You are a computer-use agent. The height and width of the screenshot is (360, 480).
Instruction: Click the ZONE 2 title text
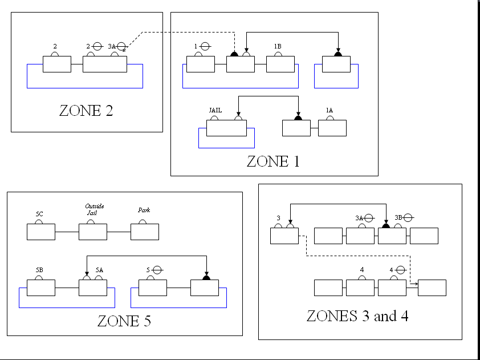(x=86, y=110)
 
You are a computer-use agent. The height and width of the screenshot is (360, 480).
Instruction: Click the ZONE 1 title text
(x=272, y=161)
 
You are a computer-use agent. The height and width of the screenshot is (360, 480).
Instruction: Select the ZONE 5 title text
(x=124, y=321)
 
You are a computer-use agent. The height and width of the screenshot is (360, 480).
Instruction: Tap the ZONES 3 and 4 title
(x=357, y=316)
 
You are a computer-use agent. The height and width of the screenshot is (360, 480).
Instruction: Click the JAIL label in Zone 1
(x=215, y=110)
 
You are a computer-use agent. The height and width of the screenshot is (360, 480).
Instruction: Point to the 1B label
(x=278, y=46)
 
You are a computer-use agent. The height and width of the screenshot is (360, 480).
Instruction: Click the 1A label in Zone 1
(x=329, y=110)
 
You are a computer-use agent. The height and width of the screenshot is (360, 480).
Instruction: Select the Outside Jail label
(x=94, y=209)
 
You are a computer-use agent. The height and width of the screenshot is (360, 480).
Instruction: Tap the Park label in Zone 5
(x=144, y=210)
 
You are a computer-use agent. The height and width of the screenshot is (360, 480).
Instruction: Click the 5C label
(x=39, y=214)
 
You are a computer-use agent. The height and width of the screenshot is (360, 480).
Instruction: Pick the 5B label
(x=39, y=269)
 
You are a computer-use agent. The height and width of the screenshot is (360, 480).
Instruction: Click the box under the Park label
(x=145, y=232)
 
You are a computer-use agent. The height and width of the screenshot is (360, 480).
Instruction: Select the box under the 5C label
(x=41, y=232)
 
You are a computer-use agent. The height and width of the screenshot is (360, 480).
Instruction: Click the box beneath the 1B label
(x=280, y=64)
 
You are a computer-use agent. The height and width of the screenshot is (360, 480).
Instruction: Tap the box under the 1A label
(x=332, y=128)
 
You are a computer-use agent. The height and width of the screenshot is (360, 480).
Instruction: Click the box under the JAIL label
(x=226, y=128)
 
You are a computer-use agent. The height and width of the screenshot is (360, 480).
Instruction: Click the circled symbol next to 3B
(x=408, y=217)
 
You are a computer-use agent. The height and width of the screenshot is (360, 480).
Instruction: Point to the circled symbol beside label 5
(x=156, y=270)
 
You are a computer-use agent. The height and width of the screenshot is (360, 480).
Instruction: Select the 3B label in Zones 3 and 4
(x=398, y=217)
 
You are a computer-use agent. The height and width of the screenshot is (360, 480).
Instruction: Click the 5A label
(x=99, y=269)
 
